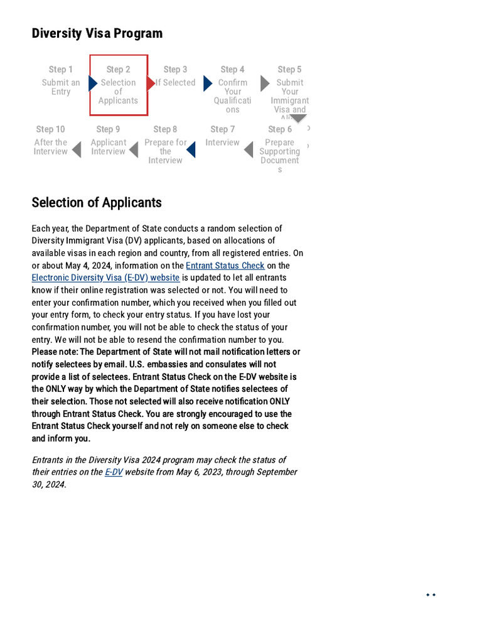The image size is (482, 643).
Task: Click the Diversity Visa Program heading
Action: tap(97, 33)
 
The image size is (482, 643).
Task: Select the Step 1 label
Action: tap(61, 70)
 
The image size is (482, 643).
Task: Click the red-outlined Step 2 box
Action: tap(119, 85)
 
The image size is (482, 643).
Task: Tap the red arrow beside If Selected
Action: tap(151, 83)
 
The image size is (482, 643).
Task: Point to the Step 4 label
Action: tap(232, 70)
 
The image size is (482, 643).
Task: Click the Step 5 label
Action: tap(289, 70)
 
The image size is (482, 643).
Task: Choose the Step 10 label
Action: tap(50, 129)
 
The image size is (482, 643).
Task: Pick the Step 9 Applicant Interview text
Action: tap(108, 147)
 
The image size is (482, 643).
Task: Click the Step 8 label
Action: tap(165, 129)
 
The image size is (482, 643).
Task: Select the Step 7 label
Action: tap(222, 129)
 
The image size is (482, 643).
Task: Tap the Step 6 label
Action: tap(280, 129)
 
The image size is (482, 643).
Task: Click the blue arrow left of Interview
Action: tap(191, 150)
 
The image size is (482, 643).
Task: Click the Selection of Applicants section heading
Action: tap(97, 202)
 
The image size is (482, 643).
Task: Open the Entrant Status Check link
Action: tap(225, 266)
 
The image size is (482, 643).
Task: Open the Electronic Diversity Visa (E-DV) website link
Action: tap(105, 278)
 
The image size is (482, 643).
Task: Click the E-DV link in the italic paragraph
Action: tap(114, 472)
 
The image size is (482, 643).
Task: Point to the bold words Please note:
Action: tap(55, 352)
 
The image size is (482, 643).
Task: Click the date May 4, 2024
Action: tap(88, 266)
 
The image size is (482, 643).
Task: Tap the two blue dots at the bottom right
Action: tap(431, 595)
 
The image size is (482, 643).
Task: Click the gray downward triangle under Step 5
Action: tap(298, 118)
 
